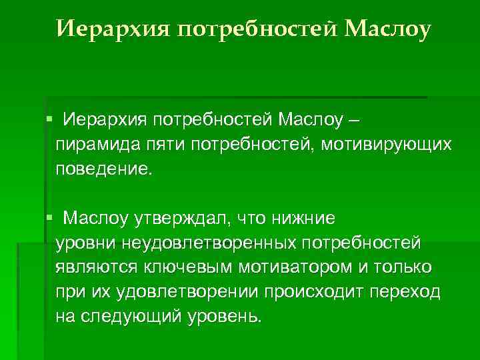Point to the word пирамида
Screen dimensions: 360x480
(x=97, y=143)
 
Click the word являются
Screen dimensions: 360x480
(x=101, y=267)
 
